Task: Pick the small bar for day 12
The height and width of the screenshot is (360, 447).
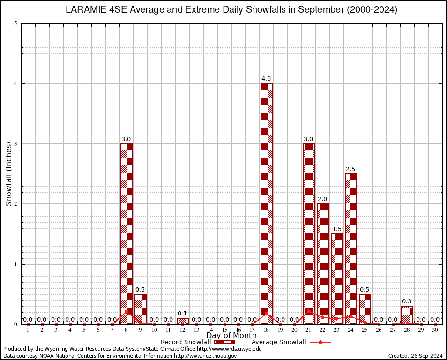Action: pyautogui.click(x=183, y=321)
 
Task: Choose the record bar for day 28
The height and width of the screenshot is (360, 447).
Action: pyautogui.click(x=407, y=315)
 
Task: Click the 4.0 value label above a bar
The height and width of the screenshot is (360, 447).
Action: pyautogui.click(x=267, y=79)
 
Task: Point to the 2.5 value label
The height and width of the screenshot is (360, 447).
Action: pyautogui.click(x=351, y=169)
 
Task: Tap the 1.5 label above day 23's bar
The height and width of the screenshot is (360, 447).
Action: pyautogui.click(x=337, y=229)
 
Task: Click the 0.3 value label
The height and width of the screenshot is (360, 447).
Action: pyautogui.click(x=407, y=301)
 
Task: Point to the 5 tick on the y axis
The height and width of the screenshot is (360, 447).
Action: pyautogui.click(x=16, y=23)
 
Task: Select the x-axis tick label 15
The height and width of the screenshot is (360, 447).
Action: pyautogui.click(x=224, y=330)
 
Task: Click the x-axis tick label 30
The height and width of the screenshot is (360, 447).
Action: pyautogui.click(x=435, y=330)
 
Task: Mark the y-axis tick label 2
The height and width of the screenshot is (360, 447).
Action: pyautogui.click(x=16, y=204)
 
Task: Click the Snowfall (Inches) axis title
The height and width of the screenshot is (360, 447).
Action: pyautogui.click(x=8, y=174)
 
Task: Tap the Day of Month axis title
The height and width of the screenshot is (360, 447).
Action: pyautogui.click(x=231, y=336)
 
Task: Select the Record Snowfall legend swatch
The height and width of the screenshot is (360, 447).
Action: pyautogui.click(x=224, y=342)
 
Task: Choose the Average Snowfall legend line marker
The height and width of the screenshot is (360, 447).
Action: pyautogui.click(x=320, y=342)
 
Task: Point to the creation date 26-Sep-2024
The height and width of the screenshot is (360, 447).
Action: pyautogui.click(x=426, y=356)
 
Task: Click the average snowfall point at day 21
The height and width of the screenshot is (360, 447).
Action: pyautogui.click(x=309, y=310)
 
